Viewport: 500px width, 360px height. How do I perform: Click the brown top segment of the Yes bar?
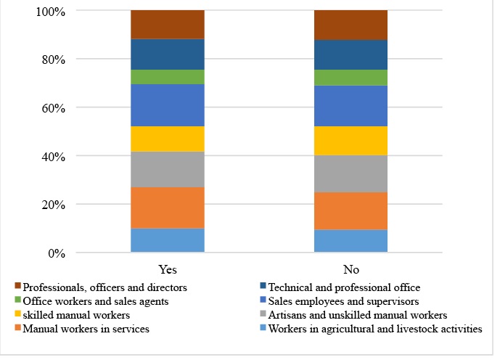pos(167,25)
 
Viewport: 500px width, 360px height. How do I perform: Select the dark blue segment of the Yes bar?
pos(167,54)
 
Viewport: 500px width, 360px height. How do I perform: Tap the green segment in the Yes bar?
pos(167,77)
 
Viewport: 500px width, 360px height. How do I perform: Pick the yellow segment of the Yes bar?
pos(167,139)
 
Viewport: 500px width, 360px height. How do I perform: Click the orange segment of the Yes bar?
pos(167,208)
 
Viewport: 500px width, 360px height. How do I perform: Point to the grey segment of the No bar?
pos(351,173)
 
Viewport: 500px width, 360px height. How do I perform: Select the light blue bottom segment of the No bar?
pos(351,241)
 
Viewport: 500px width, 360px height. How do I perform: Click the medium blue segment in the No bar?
pos(351,106)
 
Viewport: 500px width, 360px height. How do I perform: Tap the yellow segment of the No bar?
pos(351,141)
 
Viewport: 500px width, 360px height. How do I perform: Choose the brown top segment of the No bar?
pos(351,25)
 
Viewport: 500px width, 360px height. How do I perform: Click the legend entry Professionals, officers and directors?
pos(104,287)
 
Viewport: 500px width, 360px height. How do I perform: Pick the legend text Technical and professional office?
pos(344,287)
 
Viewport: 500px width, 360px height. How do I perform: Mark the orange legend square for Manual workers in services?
pos(17,330)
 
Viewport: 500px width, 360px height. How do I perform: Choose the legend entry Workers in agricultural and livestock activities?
pos(374,330)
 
